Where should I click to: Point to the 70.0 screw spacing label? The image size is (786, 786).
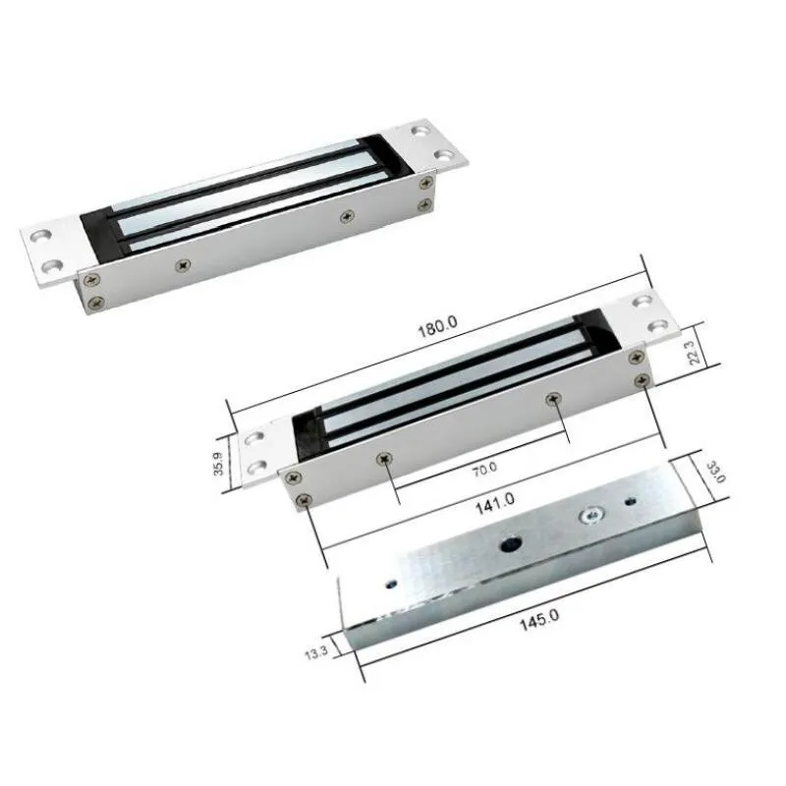click(484, 470)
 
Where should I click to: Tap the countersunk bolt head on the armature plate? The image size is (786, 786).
click(590, 515)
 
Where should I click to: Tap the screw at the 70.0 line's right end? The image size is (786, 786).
click(554, 398)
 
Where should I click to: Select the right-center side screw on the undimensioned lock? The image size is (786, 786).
click(345, 215)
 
